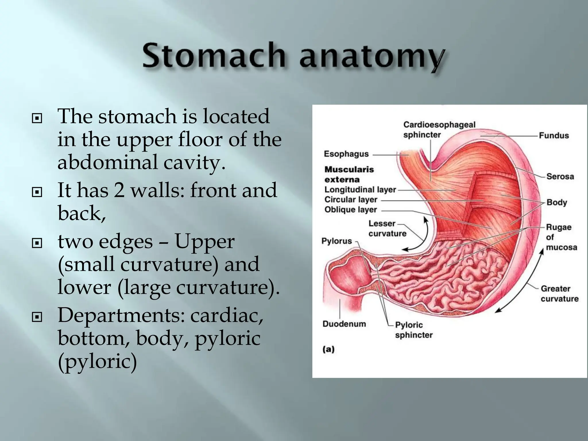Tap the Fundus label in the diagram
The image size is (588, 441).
554,136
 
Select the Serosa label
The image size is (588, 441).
560,176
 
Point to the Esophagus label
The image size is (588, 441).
346,154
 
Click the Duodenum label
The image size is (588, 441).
344,324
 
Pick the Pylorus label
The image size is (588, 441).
336,241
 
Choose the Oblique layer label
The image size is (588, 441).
350,210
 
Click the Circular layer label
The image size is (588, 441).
351,200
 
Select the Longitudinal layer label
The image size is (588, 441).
360,189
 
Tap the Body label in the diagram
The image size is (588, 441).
556,202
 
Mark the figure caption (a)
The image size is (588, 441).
328,349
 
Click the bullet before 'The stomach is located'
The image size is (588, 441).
37,118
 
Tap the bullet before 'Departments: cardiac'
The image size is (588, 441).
37,317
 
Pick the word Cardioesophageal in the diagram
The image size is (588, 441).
439,125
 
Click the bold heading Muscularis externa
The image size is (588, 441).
349,174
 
